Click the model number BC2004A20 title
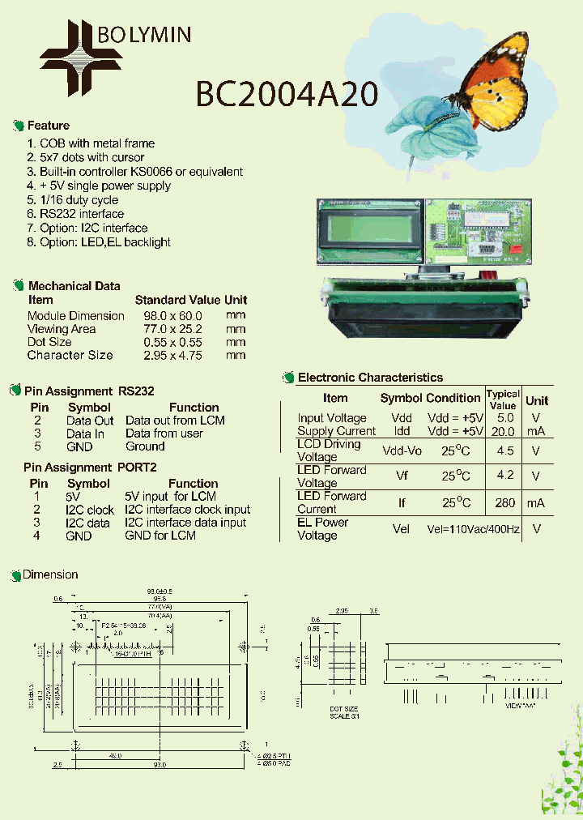pos(287,95)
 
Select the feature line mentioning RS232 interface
pos(75,214)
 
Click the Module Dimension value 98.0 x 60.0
pos(172,316)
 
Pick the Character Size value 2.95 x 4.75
pos(172,355)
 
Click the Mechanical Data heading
pos(74,286)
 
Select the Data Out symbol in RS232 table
pos(90,421)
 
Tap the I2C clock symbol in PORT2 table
pos(90,510)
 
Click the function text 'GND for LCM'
pos(160,536)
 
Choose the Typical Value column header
pos(503,399)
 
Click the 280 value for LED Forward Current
pos(504,503)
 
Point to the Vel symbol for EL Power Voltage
pos(402,529)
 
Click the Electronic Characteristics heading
pos(370,378)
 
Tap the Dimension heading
pos(50,574)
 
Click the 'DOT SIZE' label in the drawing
pos(343,709)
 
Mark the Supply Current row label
pos(336,431)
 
